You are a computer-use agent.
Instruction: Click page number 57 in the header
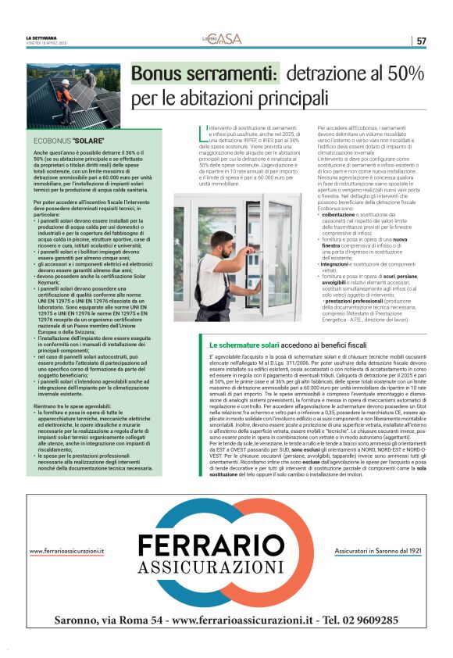422,41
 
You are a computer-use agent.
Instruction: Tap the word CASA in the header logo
231,38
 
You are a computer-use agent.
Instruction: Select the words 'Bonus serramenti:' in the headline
205,75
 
